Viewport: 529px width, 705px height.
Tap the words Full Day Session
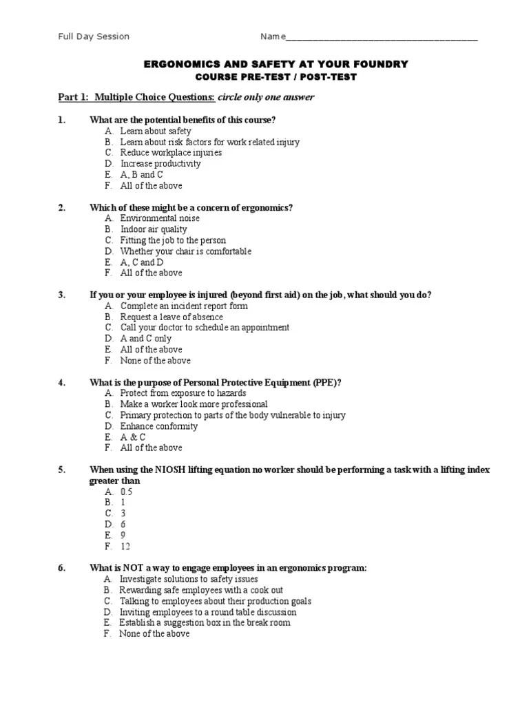click(93, 36)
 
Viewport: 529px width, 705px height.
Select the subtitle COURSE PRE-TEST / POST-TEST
click(275, 76)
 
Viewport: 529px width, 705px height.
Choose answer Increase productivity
click(160, 164)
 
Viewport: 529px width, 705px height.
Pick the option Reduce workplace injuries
click(171, 153)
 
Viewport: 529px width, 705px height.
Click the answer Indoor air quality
click(154, 229)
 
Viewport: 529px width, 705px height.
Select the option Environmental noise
click(160, 218)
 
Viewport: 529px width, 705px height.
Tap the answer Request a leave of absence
click(172, 317)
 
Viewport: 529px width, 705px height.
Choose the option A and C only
click(146, 339)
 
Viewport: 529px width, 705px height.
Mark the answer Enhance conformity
click(158, 426)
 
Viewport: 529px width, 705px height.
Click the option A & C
click(133, 437)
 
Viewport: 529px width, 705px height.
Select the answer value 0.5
click(126, 492)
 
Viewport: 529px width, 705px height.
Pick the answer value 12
click(125, 547)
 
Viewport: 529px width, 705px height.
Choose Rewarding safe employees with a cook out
click(201, 590)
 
